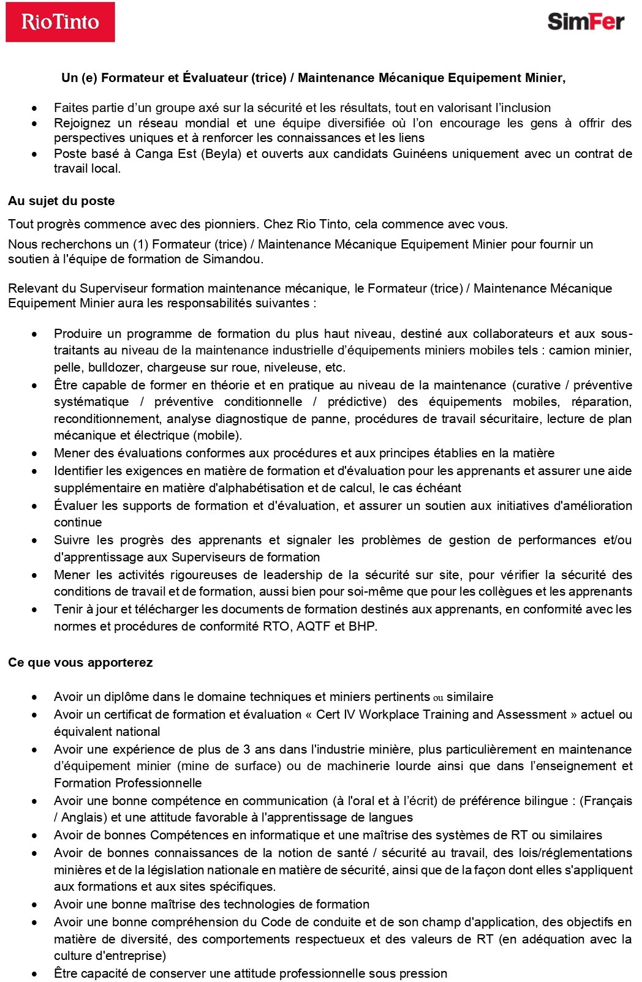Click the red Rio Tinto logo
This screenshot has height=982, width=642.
click(x=60, y=22)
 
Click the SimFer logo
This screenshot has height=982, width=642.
click(x=585, y=21)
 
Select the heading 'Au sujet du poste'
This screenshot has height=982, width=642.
click(x=61, y=201)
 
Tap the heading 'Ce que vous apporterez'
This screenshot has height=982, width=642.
click(x=80, y=663)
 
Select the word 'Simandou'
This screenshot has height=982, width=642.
click(x=232, y=259)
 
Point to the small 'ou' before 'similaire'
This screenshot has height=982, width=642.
click(x=438, y=698)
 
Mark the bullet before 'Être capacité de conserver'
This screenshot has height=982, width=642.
click(x=36, y=974)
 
